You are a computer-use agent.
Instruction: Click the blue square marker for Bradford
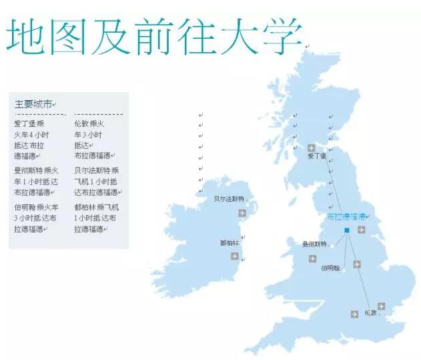coord(346,230)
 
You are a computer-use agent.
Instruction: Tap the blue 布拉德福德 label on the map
coord(346,217)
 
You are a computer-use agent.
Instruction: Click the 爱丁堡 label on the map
coord(316,156)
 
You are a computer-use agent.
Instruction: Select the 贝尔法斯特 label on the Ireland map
coord(228,199)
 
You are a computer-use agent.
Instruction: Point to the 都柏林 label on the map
coord(229,242)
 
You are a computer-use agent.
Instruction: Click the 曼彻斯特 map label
coord(314,244)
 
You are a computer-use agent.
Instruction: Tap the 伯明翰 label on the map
coord(330,268)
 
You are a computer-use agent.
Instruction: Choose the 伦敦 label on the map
coord(371,312)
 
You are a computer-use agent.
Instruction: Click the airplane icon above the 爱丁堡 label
coord(312,147)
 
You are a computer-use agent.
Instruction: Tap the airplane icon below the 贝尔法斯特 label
coord(242,213)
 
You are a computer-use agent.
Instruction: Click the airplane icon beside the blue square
coord(361,230)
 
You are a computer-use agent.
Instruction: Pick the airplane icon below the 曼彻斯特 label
coord(312,258)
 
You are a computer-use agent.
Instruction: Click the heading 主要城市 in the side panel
coord(33,104)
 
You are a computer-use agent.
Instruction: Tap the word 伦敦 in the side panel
coord(81,124)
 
